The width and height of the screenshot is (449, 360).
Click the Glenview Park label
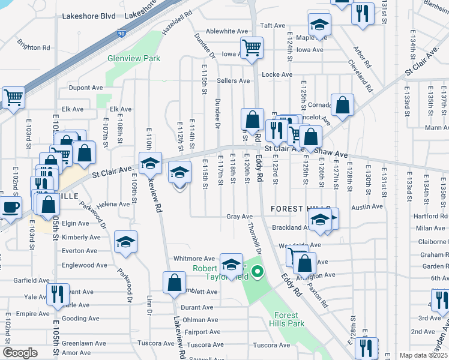coord(134,59)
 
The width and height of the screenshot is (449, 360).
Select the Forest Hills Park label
coord(289,319)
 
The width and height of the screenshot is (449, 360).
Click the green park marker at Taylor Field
coord(258,272)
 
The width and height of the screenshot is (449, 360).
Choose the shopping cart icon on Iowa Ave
coord(252,47)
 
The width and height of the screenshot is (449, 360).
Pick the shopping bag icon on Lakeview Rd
coord(173,283)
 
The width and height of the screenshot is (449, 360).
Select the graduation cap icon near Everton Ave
coord(125,242)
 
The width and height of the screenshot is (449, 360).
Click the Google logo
coord(20,353)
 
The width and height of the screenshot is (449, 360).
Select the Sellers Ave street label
coord(233,81)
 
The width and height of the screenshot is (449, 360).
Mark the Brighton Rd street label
coord(34,47)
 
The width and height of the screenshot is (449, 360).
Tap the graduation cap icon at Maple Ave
coord(319,26)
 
